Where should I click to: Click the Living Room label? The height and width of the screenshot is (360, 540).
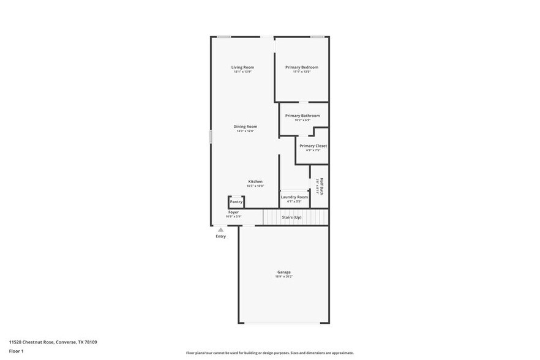[x=242, y=67]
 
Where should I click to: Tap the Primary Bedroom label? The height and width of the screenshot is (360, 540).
[x=301, y=67]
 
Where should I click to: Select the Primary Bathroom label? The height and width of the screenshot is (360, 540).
[x=302, y=116]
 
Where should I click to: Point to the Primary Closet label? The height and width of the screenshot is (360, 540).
[x=313, y=146]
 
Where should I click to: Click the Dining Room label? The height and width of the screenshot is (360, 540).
[x=245, y=127]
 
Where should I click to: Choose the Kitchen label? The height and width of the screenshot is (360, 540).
[x=255, y=182]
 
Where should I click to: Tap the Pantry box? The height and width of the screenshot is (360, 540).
[x=236, y=201]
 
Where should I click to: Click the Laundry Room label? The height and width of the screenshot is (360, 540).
[x=294, y=197]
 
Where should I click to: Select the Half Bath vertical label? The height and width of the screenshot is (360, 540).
[x=320, y=186]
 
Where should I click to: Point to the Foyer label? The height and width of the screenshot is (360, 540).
[x=233, y=212]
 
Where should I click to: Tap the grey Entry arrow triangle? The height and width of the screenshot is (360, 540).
[x=221, y=230]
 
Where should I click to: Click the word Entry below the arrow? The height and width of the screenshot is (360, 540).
[x=221, y=236]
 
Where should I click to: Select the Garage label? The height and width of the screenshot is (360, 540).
[x=283, y=272]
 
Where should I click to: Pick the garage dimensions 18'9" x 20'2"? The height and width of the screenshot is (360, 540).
[x=283, y=277]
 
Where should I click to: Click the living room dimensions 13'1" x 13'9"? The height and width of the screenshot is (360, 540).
[x=242, y=72]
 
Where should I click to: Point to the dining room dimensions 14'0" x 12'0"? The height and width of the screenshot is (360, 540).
[x=245, y=131]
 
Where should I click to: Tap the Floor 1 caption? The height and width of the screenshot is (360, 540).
[x=16, y=351]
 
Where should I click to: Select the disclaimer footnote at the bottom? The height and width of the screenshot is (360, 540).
[x=269, y=353]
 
